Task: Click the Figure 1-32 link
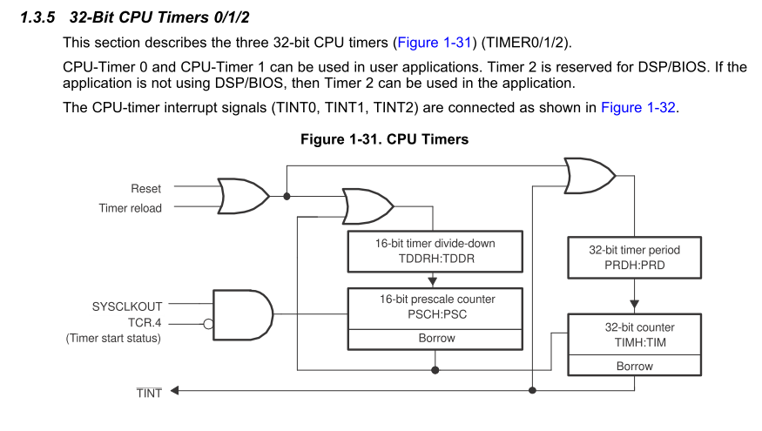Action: pos(638,108)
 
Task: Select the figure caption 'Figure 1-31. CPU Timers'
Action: pos(384,139)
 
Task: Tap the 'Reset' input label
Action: pos(146,188)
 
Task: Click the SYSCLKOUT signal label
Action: pos(126,306)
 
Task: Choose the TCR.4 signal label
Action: pos(143,322)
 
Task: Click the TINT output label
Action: pos(149,394)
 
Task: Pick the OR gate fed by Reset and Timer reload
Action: pos(243,196)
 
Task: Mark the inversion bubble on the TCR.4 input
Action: pos(208,323)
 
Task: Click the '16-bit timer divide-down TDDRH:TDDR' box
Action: pos(436,251)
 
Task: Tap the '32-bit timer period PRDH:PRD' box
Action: pos(634,258)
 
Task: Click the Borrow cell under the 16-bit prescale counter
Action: pos(436,338)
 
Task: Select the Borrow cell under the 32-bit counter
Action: pos(634,367)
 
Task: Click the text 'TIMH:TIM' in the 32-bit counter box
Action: pos(634,342)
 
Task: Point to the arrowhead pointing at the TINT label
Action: pos(175,390)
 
